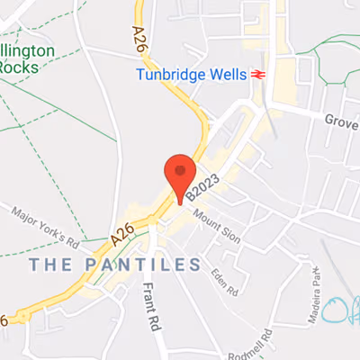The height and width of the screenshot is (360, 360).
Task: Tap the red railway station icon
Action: (259, 75)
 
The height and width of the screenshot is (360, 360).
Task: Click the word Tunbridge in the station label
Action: (172, 75)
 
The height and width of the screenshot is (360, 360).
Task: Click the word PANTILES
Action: (143, 265)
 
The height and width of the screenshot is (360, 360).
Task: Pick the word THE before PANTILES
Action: (51, 265)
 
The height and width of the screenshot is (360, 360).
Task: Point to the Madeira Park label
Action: (314, 289)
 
